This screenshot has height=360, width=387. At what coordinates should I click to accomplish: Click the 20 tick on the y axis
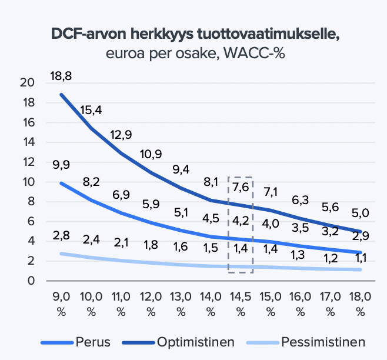[x=27, y=82]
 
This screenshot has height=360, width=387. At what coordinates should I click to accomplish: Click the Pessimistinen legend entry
[x=323, y=342]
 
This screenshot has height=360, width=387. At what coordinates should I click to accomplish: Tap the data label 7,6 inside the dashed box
[x=241, y=188]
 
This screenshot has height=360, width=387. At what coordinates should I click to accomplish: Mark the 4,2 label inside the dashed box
[x=241, y=222]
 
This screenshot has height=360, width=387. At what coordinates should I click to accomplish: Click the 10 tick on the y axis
[x=27, y=182]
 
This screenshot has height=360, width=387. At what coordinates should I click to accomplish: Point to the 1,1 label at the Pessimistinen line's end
[x=361, y=256]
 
